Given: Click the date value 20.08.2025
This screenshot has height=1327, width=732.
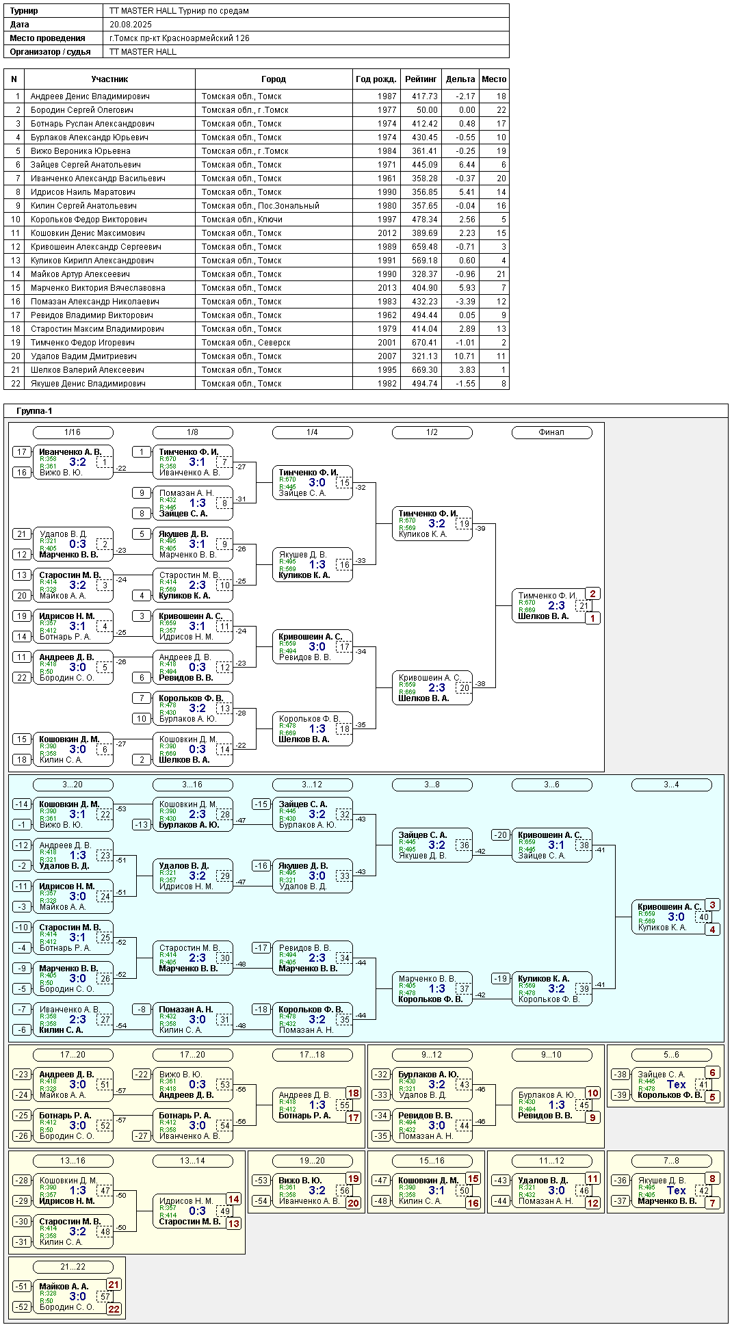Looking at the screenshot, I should [x=130, y=25].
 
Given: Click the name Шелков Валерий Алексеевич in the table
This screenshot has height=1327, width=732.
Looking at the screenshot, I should [x=87, y=370].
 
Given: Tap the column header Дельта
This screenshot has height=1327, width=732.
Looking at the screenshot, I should [x=460, y=79].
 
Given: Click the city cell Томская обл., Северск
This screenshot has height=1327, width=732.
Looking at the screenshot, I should [x=246, y=343].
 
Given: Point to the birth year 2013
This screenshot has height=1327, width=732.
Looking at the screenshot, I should [x=387, y=288].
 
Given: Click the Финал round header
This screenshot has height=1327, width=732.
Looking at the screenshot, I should [x=551, y=432].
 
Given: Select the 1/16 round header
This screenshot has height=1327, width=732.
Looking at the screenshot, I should [x=73, y=432].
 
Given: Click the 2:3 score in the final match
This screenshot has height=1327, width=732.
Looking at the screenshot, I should [x=556, y=605].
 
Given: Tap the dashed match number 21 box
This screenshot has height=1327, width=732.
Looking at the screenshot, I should [x=583, y=606].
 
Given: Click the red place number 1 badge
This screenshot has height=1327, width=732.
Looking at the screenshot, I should [x=592, y=618].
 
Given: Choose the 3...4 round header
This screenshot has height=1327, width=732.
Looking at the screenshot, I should [x=671, y=785].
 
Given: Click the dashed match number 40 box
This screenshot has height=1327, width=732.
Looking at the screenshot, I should [x=703, y=917].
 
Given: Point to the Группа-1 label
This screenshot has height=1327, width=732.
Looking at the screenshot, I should [x=34, y=411].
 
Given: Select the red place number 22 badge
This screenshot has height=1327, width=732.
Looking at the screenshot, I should [x=114, y=1309].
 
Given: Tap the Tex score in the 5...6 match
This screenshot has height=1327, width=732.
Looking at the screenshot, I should [x=676, y=1084].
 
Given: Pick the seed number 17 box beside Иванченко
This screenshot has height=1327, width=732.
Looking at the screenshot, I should [x=22, y=452].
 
